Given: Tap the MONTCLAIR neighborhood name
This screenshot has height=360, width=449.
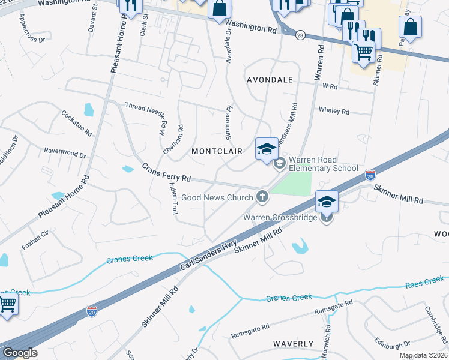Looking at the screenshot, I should click(217, 151).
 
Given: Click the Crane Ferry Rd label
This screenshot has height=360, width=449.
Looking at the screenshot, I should click(166, 172).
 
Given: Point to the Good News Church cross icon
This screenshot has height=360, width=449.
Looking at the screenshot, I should click(262, 196).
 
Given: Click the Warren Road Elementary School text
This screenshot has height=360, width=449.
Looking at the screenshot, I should click(323, 164).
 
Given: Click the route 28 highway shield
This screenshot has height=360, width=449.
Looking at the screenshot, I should click(299, 36).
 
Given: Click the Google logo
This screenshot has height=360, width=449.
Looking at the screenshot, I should click(19, 353).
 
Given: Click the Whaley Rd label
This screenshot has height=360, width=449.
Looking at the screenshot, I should click(334, 111).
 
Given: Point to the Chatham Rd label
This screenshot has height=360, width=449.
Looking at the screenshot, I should click(179, 137).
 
